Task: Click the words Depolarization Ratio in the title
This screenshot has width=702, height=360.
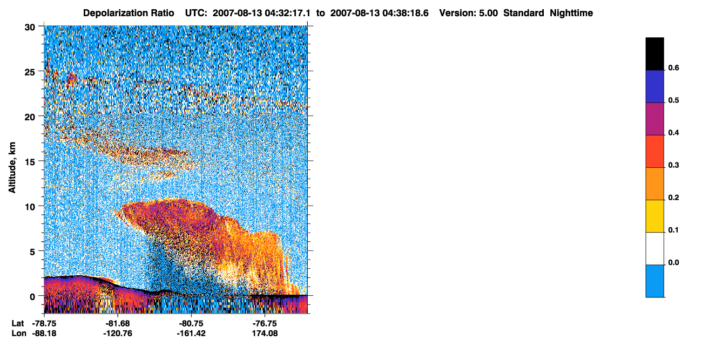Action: [x=129, y=13]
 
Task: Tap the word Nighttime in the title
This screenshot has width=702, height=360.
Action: [x=571, y=13]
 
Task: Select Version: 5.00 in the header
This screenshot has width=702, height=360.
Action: [x=469, y=13]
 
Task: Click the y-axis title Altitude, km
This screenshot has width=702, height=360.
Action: [x=12, y=167]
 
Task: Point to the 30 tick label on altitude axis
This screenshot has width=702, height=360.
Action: [x=30, y=28]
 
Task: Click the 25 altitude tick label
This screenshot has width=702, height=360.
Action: [x=30, y=72]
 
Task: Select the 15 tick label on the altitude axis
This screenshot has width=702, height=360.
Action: [x=30, y=162]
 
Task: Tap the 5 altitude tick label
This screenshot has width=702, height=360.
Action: [x=32, y=252]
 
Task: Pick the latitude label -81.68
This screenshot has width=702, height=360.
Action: [x=118, y=323]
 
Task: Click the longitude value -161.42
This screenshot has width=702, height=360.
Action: [x=191, y=334]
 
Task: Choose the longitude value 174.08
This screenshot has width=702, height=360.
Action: [x=265, y=334]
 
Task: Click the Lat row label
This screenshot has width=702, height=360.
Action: [x=17, y=323]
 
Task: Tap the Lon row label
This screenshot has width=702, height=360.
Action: [x=19, y=334]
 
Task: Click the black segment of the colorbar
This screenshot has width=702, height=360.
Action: [x=654, y=54]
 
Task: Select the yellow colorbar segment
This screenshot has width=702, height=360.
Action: [x=654, y=216]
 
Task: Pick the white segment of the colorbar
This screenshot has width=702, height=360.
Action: [x=654, y=249]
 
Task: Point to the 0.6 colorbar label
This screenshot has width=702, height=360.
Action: [x=673, y=67]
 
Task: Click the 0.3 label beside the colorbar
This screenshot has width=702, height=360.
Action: [x=673, y=165]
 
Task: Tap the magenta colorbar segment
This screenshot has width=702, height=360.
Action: [x=654, y=119]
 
